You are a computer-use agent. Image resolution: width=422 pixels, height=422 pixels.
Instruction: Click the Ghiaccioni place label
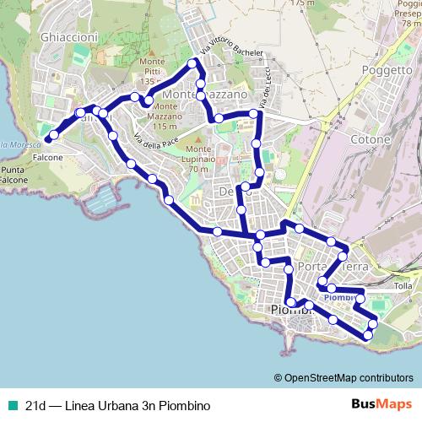tap(68, 38)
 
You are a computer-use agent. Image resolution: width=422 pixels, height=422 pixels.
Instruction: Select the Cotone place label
tap(372, 139)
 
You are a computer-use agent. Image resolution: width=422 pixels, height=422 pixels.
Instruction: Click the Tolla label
tap(403, 286)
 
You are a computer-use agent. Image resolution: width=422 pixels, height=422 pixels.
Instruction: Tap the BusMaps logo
tap(376, 404)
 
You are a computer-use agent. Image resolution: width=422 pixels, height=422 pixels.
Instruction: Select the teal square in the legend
tap(11, 405)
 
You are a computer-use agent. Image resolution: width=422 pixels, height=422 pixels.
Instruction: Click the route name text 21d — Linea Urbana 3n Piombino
tap(117, 405)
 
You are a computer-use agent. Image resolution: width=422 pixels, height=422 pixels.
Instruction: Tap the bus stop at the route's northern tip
tap(193, 64)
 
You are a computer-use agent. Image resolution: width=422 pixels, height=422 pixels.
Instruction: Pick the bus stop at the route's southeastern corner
tap(368, 336)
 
